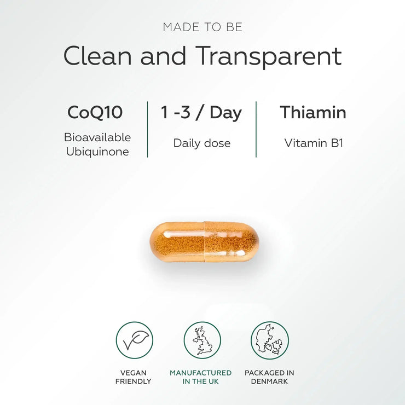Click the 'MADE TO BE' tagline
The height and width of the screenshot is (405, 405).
coord(202,27)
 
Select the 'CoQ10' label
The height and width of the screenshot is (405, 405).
coord(95,112)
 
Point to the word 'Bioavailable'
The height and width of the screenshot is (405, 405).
coord(97,137)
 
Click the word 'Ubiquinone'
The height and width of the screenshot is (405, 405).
coord(97,152)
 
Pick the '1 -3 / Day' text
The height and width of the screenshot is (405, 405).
coord(201,112)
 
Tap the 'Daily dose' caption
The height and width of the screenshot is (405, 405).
coord(201,143)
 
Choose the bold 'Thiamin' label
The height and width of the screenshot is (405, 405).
coord(313,112)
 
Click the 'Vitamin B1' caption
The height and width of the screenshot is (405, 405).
coord(313,143)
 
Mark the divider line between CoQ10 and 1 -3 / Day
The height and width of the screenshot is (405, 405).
coord(147,129)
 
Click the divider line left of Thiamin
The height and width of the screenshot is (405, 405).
coord(256,129)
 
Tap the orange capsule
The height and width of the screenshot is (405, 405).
coord(204,241)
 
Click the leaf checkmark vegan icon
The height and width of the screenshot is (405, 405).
coord(134,340)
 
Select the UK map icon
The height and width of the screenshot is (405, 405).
coord(202,340)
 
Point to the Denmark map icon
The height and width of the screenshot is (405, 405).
coord(269,340)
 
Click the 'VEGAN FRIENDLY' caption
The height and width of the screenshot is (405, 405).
coord(133,377)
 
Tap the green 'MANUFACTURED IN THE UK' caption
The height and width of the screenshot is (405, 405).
coord(200,377)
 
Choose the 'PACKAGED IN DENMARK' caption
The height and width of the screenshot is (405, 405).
coord(269,377)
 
